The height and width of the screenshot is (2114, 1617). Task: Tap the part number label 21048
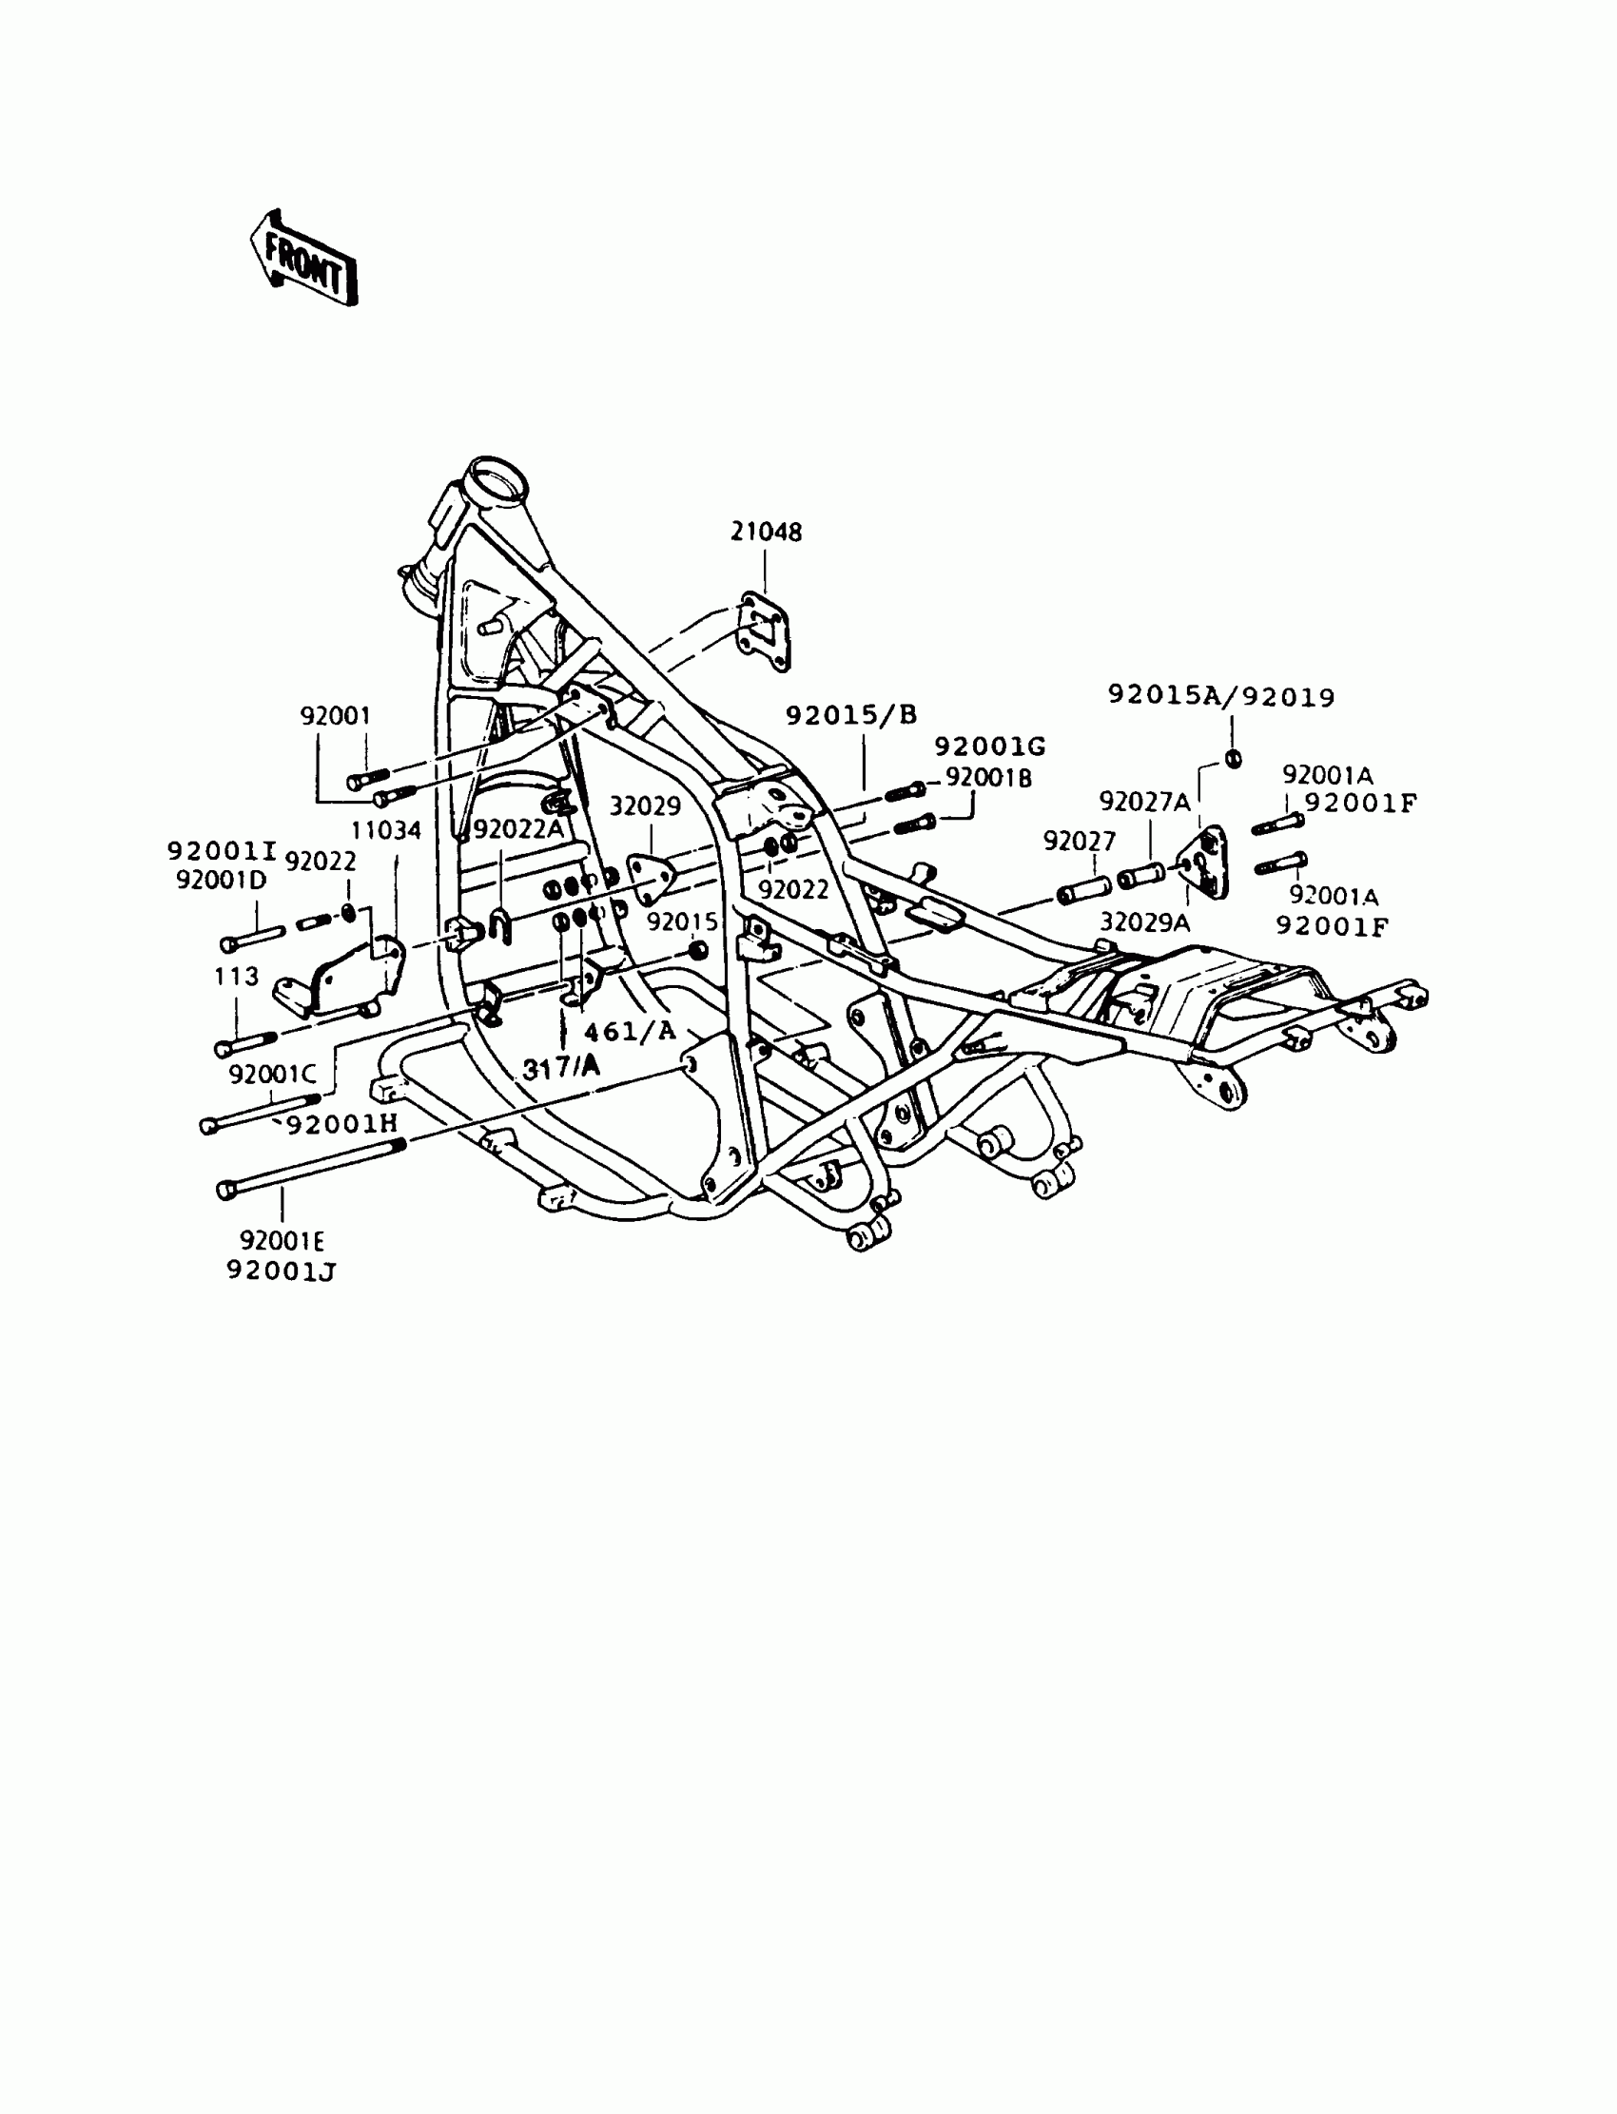pyautogui.click(x=765, y=532)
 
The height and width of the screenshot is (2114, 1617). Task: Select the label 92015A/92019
pyautogui.click(x=1221, y=696)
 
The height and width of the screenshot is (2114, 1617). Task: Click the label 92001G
pyautogui.click(x=989, y=746)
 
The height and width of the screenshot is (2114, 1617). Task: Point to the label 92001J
pyautogui.click(x=281, y=1271)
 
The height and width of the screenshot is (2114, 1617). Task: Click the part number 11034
pyautogui.click(x=385, y=830)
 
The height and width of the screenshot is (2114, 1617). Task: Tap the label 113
pyautogui.click(x=237, y=977)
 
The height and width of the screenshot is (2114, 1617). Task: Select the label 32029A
pyautogui.click(x=1144, y=921)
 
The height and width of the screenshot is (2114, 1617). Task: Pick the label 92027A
pyautogui.click(x=1144, y=802)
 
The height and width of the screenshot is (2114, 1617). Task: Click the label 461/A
pyautogui.click(x=631, y=1032)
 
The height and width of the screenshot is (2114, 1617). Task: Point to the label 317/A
pyautogui.click(x=561, y=1066)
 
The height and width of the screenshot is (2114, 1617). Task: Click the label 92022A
pyautogui.click(x=516, y=828)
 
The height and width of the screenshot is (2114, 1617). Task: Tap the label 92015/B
pyautogui.click(x=851, y=715)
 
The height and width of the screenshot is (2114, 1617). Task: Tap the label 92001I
pyautogui.click(x=222, y=850)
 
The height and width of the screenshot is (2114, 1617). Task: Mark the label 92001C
pyautogui.click(x=271, y=1074)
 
